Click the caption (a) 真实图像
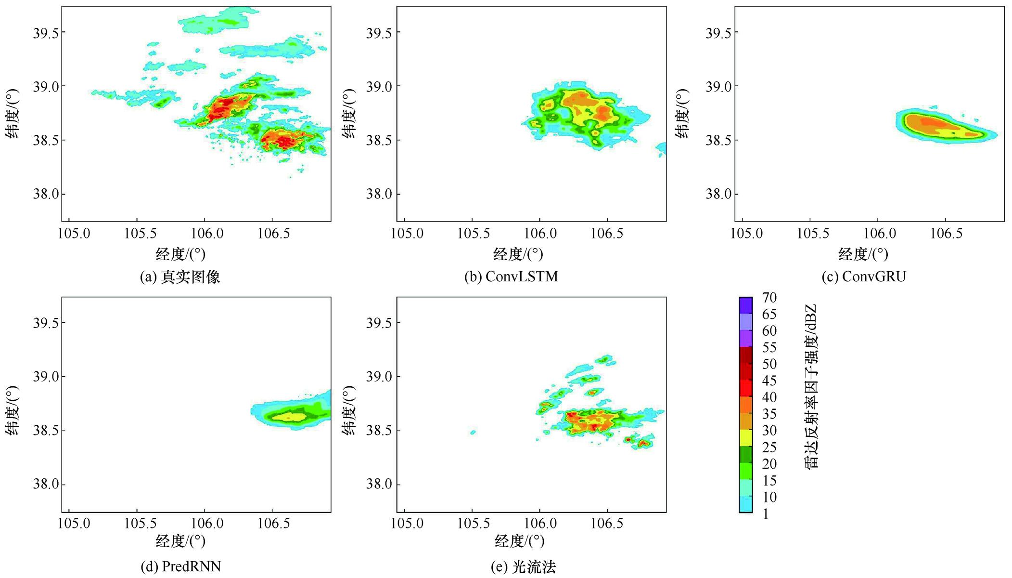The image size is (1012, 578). [x=179, y=277]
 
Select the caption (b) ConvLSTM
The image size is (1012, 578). [x=511, y=277]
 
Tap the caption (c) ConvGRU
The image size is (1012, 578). [x=864, y=277]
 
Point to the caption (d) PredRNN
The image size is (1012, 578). [x=180, y=566]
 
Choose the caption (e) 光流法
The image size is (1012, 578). [x=523, y=567]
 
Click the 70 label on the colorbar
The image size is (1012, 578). [x=769, y=298]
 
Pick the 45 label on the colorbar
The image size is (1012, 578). [x=769, y=381]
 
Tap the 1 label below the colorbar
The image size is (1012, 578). [x=766, y=514]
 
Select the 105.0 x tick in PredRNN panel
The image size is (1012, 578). [x=74, y=524]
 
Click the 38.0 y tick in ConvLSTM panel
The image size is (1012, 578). [x=379, y=194]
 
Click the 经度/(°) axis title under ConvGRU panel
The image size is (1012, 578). [x=863, y=254]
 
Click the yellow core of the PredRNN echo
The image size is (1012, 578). [x=292, y=416]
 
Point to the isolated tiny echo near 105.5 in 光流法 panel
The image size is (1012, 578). [x=473, y=433]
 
